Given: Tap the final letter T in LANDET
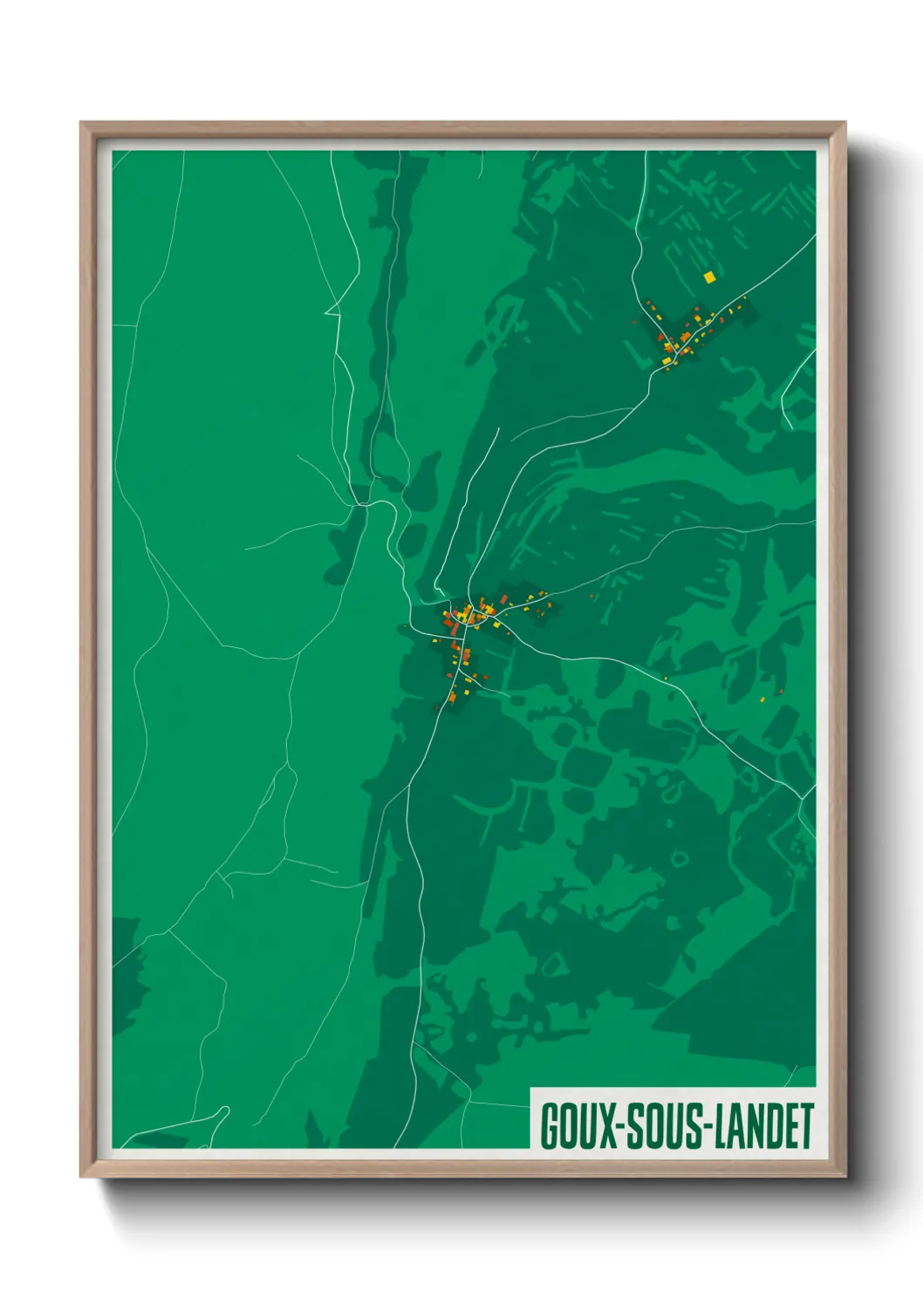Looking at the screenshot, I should [806, 1126].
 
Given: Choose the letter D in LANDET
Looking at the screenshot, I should [772, 1126].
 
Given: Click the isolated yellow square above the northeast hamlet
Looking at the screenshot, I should [709, 277].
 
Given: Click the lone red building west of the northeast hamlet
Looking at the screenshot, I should [635, 322].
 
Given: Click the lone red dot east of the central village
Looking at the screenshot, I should [591, 597].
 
